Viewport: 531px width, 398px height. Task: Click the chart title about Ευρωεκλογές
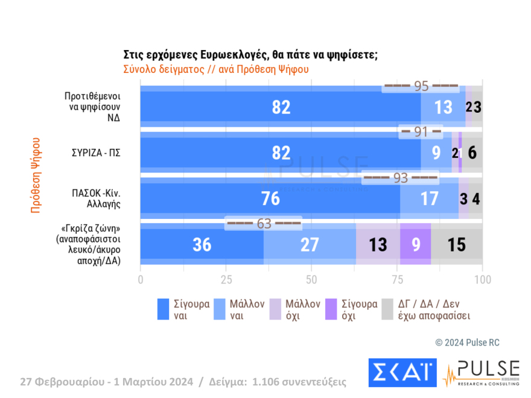(250, 54)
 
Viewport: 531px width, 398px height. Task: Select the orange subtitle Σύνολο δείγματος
(216, 69)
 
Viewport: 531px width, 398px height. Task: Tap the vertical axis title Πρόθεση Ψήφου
(36, 175)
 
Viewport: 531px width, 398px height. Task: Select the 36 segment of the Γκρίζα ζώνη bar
(202, 244)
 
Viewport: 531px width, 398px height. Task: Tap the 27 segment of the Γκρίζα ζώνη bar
(310, 244)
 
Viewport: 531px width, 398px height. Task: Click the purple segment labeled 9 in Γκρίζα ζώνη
(415, 244)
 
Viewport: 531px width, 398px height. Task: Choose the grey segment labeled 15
(457, 244)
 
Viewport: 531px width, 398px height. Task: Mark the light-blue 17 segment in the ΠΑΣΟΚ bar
(429, 198)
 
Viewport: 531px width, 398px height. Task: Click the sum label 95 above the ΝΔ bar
(421, 86)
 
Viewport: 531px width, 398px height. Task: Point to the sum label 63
(264, 224)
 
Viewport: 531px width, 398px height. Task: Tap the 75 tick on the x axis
(397, 280)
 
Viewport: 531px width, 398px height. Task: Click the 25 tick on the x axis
(226, 280)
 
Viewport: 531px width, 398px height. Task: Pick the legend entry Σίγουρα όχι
(358, 309)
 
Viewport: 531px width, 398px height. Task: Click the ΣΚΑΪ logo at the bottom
(402, 373)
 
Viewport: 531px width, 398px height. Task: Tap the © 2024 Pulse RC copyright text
(467, 343)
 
